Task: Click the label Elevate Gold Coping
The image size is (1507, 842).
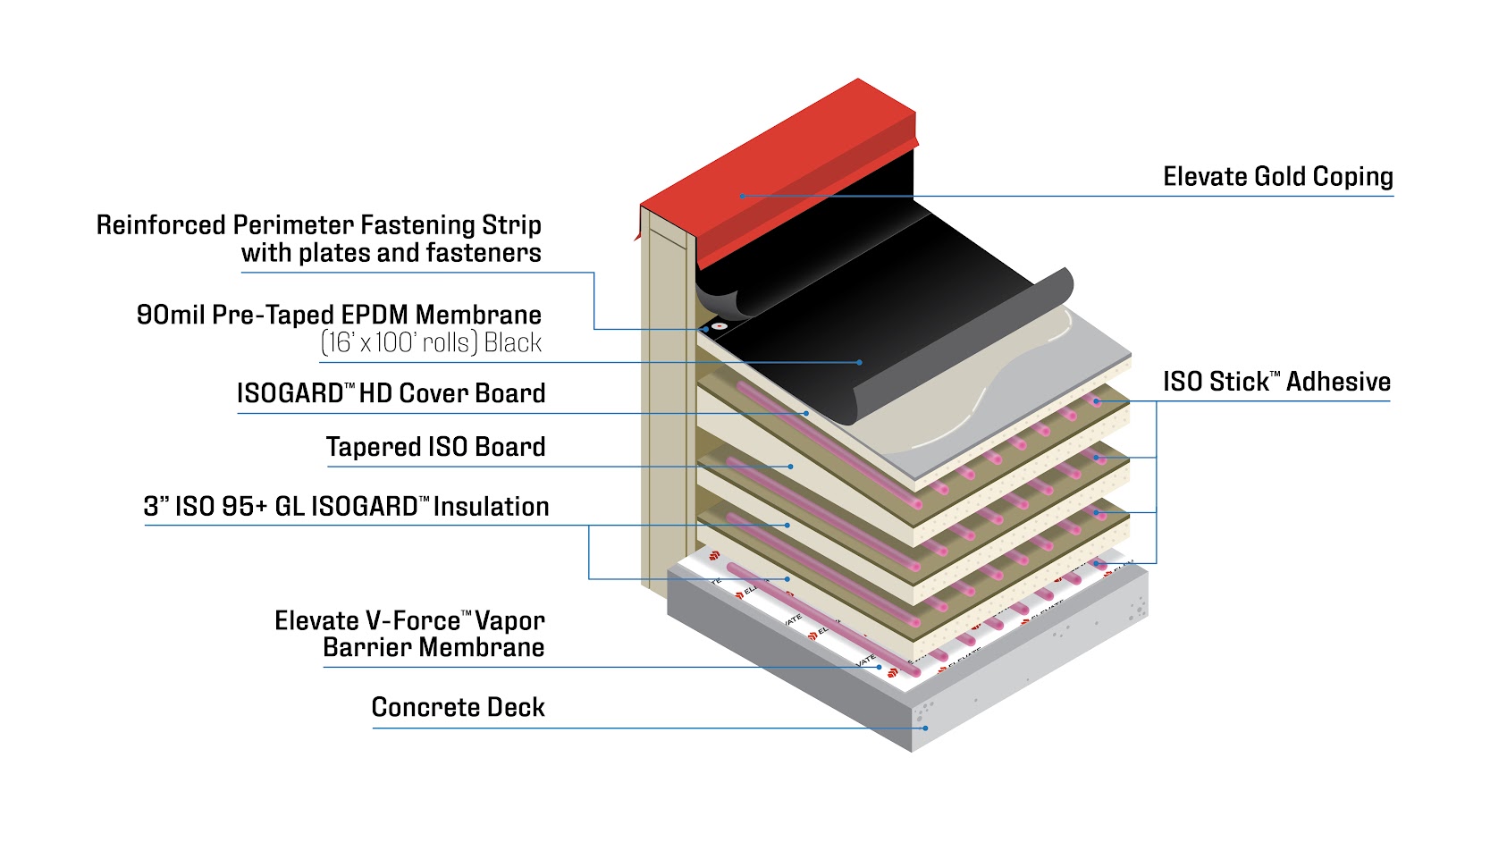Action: (x=1277, y=177)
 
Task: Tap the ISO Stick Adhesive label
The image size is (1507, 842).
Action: (x=1275, y=383)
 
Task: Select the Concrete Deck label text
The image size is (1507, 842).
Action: (x=458, y=708)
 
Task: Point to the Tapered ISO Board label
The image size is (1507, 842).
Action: (x=435, y=447)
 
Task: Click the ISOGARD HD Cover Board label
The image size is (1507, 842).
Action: (x=391, y=393)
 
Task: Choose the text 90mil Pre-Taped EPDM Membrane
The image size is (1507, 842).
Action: (x=339, y=315)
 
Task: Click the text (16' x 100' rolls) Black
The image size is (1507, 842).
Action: (x=431, y=343)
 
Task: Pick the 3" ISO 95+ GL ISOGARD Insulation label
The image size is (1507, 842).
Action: (x=346, y=507)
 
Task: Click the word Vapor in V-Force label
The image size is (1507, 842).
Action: (x=509, y=621)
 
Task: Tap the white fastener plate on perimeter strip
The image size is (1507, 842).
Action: (x=720, y=326)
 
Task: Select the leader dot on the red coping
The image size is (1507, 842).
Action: (x=742, y=196)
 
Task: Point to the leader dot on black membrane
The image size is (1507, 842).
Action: (x=860, y=362)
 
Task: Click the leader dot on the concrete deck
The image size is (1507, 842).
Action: (x=925, y=728)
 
